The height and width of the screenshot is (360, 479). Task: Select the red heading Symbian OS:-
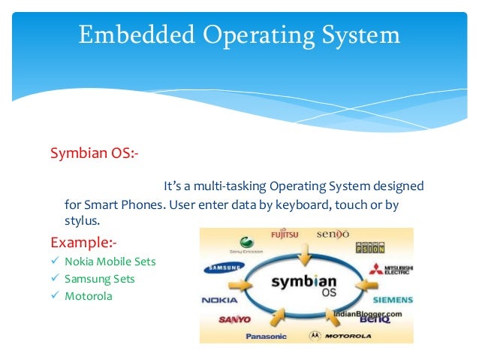pos(94,153)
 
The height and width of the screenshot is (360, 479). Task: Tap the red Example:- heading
pos(83,242)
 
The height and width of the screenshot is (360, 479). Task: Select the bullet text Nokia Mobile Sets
pos(110,262)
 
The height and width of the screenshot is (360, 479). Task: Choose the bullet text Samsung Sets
pos(100,279)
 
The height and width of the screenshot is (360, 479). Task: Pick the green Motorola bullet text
pos(89,296)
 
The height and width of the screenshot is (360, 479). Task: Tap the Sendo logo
pos(333,234)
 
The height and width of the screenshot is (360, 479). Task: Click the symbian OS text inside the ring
pos(306,283)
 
